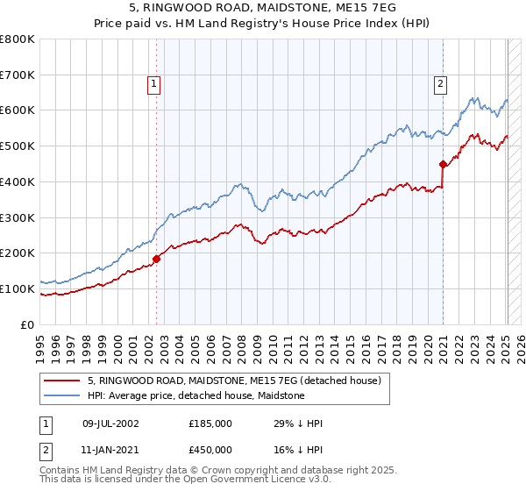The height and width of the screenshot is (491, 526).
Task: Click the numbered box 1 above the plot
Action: point(153,84)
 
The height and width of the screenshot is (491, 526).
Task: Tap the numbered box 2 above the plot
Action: point(439,84)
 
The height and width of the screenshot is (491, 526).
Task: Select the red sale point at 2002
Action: point(157,259)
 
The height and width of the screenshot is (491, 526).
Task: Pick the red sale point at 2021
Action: point(443,163)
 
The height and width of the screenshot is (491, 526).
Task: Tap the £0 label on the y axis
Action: point(27,324)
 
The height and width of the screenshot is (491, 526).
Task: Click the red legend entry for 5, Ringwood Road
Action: point(234,381)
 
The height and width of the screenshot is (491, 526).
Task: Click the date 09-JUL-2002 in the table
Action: point(111,423)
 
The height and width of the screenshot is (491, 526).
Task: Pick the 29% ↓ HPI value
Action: point(299,423)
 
